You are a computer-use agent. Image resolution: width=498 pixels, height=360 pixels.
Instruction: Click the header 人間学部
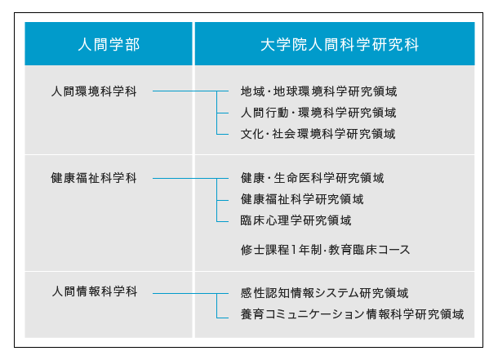(x=109, y=44)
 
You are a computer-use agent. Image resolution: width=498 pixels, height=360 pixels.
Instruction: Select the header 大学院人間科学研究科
(x=340, y=44)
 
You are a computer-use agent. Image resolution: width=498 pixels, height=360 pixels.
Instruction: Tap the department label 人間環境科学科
(x=94, y=91)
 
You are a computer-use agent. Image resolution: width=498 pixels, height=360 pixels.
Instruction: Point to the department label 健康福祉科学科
(x=94, y=178)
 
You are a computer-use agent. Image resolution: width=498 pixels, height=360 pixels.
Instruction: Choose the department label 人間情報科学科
(x=95, y=291)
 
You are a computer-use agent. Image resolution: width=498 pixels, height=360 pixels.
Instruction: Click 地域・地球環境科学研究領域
(x=318, y=91)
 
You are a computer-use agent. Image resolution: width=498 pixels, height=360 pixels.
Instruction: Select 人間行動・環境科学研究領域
(x=318, y=113)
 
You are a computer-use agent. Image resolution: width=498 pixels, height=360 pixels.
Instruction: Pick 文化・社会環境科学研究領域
(x=318, y=134)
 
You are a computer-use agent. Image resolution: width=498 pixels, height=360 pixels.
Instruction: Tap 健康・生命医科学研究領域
(x=312, y=178)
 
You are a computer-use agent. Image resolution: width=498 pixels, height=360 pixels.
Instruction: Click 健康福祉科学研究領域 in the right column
(x=302, y=199)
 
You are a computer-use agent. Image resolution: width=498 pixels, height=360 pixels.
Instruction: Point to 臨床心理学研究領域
(x=296, y=220)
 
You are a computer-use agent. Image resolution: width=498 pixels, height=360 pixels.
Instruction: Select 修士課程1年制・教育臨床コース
(x=325, y=250)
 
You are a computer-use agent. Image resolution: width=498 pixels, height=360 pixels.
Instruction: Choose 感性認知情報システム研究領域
(x=324, y=293)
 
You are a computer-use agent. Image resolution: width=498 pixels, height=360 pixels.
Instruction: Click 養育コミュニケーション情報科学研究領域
(x=352, y=314)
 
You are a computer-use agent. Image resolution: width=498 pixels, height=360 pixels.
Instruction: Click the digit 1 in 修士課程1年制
(x=294, y=250)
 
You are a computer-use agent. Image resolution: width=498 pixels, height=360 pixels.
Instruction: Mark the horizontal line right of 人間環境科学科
(x=190, y=91)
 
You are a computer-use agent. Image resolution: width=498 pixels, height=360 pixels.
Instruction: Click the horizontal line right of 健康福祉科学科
(x=190, y=179)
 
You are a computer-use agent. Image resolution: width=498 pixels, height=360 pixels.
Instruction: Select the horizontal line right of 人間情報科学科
(x=190, y=293)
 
